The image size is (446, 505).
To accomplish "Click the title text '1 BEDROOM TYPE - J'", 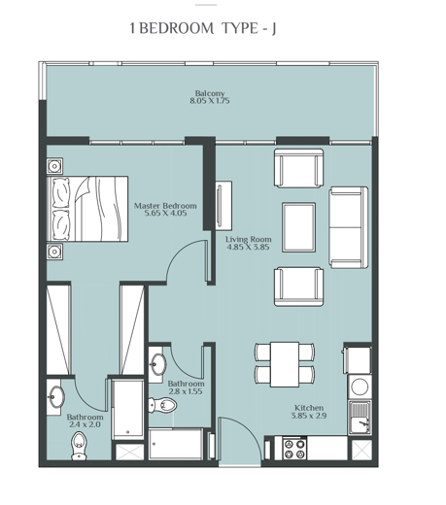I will (202, 29).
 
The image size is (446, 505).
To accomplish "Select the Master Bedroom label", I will (165, 206).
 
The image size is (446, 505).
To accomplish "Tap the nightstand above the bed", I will (54, 166).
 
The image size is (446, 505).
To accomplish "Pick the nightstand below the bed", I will (54, 251).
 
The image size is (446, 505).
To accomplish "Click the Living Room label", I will (248, 239).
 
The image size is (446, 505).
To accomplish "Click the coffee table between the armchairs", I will (298, 225).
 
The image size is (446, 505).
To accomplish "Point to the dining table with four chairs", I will (284, 362).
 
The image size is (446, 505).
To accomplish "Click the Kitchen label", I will (308, 408).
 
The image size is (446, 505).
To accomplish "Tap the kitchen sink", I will (360, 419).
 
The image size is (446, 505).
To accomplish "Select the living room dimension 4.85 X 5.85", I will (248, 248).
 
